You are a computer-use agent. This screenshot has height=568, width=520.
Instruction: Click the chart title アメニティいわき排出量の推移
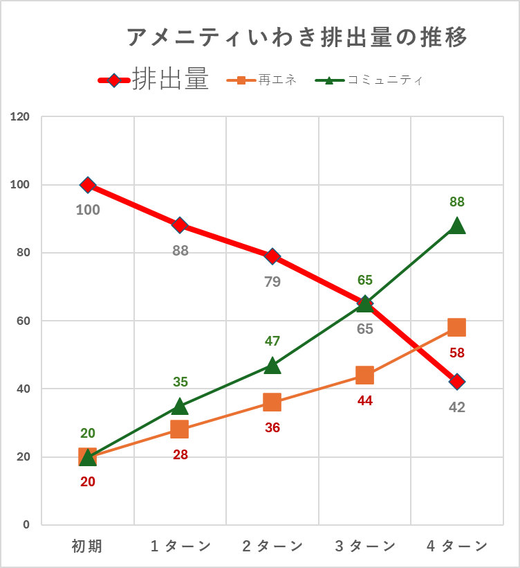coord(297,37)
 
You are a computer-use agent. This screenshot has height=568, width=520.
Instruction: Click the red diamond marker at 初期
coord(88,184)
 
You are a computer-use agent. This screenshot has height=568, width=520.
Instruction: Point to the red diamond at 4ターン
coord(456,382)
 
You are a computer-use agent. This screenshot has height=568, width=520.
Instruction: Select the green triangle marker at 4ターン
coord(456,226)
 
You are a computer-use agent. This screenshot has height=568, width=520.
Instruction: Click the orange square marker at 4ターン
coord(456,327)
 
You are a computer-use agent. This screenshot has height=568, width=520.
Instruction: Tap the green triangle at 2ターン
coord(272,365)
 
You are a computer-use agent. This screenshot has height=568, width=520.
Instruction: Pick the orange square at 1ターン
coord(180,429)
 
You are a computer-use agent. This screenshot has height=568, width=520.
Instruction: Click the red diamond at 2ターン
coord(272,256)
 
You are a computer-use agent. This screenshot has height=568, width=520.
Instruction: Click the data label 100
coord(88,210)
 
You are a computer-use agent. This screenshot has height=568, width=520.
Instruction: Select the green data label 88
coord(456,202)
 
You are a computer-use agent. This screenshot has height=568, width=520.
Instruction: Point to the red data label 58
coord(456,353)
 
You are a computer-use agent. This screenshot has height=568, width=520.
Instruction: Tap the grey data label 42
coord(456,407)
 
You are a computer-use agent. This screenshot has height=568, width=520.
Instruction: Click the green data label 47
coord(272,341)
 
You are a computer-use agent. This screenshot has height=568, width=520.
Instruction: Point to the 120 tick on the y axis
coord(21,116)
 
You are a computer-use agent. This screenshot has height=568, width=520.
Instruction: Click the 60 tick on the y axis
coord(24,321)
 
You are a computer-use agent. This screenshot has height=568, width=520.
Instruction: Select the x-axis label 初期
coord(87,546)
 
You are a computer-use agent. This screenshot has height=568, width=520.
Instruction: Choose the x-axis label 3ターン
coord(365,546)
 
